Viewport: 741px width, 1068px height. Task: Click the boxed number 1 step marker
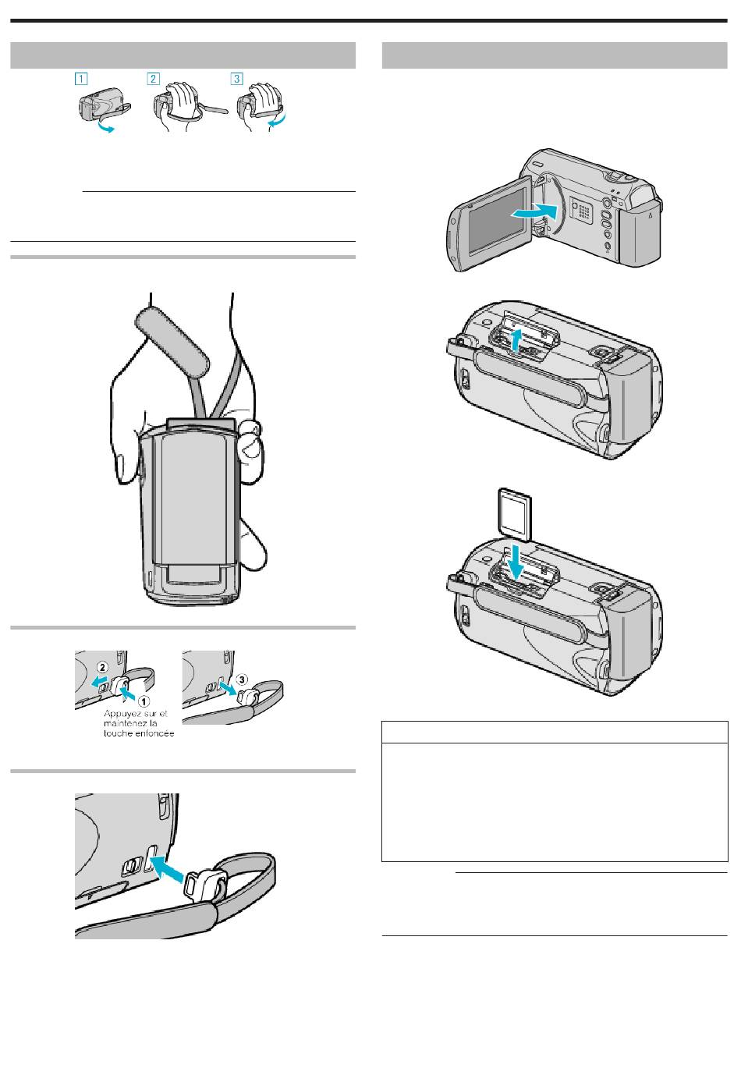pyautogui.click(x=82, y=79)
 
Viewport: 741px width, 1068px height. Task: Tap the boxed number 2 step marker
pyautogui.click(x=154, y=79)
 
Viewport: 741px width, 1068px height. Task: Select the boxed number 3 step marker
pyautogui.click(x=237, y=79)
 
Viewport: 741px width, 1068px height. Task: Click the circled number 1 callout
pyautogui.click(x=144, y=701)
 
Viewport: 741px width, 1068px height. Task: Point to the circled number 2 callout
pyautogui.click(x=102, y=667)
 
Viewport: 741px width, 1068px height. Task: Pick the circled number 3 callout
pyautogui.click(x=243, y=679)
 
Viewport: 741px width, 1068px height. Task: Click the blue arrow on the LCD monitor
pyautogui.click(x=534, y=211)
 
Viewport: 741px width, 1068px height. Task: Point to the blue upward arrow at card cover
pyautogui.click(x=515, y=341)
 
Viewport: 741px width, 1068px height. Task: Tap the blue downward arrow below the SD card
pyautogui.click(x=516, y=561)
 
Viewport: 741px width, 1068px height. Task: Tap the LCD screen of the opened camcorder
pyautogui.click(x=496, y=220)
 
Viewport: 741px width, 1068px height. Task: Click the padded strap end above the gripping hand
pyautogui.click(x=172, y=342)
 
